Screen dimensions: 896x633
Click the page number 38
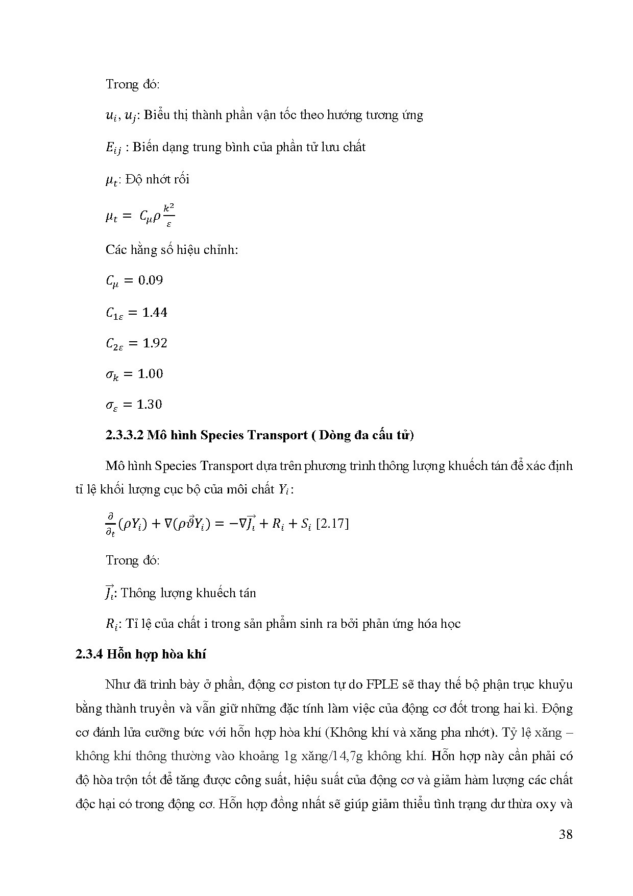coord(565,835)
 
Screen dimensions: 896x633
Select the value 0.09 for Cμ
coord(151,280)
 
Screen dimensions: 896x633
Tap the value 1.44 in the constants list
coord(155,312)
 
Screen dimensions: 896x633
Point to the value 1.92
coord(155,343)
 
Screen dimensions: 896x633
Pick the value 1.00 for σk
coord(151,374)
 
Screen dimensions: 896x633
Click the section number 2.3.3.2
coord(125,435)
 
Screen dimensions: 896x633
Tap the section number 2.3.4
coord(89,654)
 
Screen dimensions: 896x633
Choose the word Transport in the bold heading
coord(275,435)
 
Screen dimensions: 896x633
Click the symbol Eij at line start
coord(114,148)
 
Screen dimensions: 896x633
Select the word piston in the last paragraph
coord(241,685)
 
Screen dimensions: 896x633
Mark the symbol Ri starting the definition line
coord(112,624)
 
